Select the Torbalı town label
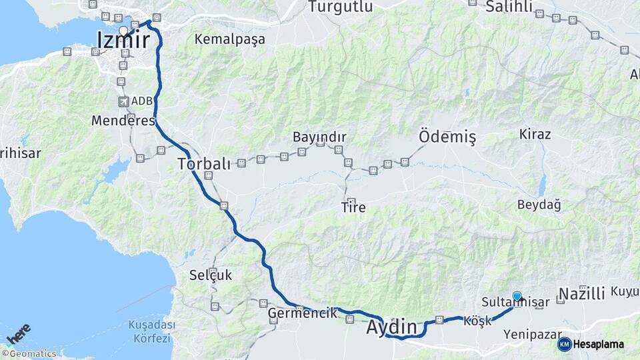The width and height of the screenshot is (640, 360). [204, 163]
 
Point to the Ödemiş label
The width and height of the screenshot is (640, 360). [447, 137]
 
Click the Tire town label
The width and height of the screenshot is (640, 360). [353, 207]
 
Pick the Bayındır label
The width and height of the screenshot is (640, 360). [319, 137]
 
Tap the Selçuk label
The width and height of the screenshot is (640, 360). [210, 275]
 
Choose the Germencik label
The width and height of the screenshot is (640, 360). [302, 313]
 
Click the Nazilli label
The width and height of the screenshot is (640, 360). [581, 294]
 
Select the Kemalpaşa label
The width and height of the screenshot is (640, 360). [229, 39]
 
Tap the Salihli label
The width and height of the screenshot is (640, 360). [509, 7]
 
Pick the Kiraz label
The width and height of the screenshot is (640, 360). [535, 134]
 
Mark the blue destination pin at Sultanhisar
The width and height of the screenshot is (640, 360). [517, 296]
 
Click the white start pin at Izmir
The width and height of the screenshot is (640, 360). [123, 31]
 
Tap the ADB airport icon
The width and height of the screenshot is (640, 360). [123, 101]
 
